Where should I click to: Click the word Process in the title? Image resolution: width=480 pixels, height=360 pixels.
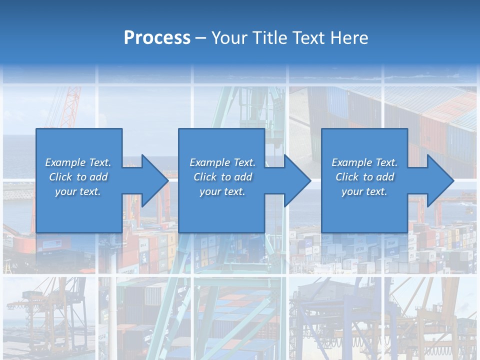pos(157,38)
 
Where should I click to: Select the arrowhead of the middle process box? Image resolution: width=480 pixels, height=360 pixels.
pos(298,180)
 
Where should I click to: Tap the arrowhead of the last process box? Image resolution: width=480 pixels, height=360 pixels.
pos(440,180)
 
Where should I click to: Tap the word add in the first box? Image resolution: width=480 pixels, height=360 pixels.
pos(98,176)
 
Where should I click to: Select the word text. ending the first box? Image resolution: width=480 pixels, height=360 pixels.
pos(90,191)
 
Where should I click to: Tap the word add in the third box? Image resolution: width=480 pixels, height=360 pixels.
pos(385,176)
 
